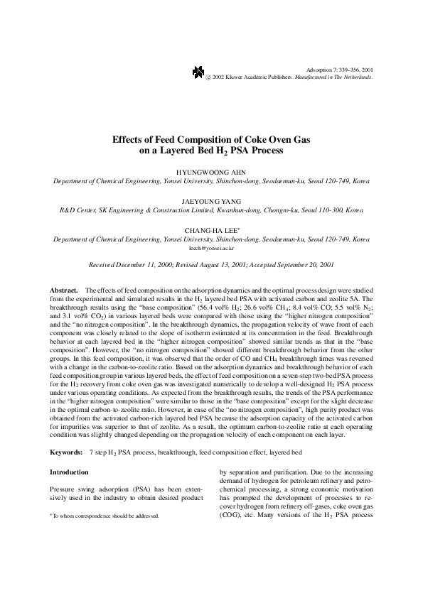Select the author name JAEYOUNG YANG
[212, 202]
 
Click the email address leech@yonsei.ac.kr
[212, 250]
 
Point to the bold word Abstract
[63, 291]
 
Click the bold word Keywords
[65, 432]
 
